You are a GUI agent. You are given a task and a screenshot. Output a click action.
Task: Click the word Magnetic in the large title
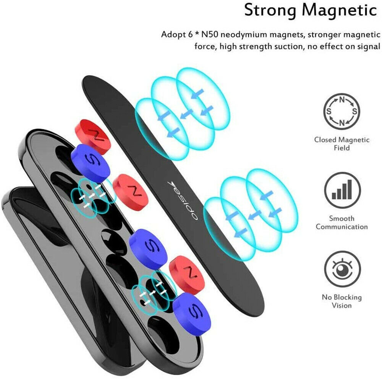(x=340, y=10)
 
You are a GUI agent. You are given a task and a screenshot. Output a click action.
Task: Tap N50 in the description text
(x=210, y=34)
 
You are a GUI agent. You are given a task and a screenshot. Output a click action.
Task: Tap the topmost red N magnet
(x=93, y=136)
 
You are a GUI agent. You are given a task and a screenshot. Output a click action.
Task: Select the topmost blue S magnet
(x=90, y=163)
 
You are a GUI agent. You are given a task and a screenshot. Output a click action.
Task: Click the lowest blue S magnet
(x=191, y=314)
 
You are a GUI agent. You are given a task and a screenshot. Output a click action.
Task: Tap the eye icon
(x=342, y=269)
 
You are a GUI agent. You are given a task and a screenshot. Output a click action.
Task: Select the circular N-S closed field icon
(x=342, y=111)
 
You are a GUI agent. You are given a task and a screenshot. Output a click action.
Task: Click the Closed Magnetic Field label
(x=342, y=144)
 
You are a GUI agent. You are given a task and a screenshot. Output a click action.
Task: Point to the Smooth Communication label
(x=342, y=222)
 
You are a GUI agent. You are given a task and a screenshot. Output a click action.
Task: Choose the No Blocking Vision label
(x=342, y=301)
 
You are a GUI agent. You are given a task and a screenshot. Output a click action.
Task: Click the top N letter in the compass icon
(x=342, y=100)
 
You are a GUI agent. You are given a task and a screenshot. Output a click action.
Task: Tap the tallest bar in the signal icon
(x=350, y=189)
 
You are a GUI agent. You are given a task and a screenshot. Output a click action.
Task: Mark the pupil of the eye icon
(x=342, y=270)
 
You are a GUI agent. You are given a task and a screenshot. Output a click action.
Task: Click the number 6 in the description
(x=190, y=35)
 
